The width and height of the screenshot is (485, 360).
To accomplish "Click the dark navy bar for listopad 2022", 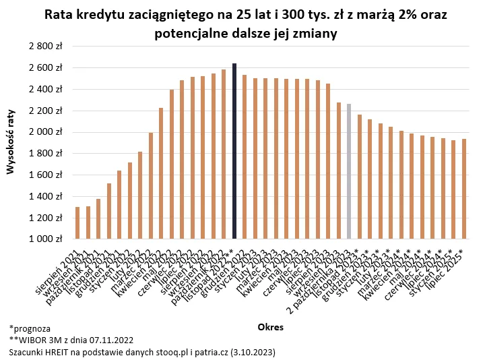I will (234, 152).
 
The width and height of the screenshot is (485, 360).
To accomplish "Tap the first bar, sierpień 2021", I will (77, 223).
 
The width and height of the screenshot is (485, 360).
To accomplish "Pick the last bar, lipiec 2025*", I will (463, 189).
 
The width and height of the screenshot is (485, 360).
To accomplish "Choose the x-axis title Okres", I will (270, 327).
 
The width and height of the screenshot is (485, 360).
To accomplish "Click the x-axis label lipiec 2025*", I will (450, 270).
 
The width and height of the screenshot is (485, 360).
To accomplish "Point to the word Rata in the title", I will (59, 14).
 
